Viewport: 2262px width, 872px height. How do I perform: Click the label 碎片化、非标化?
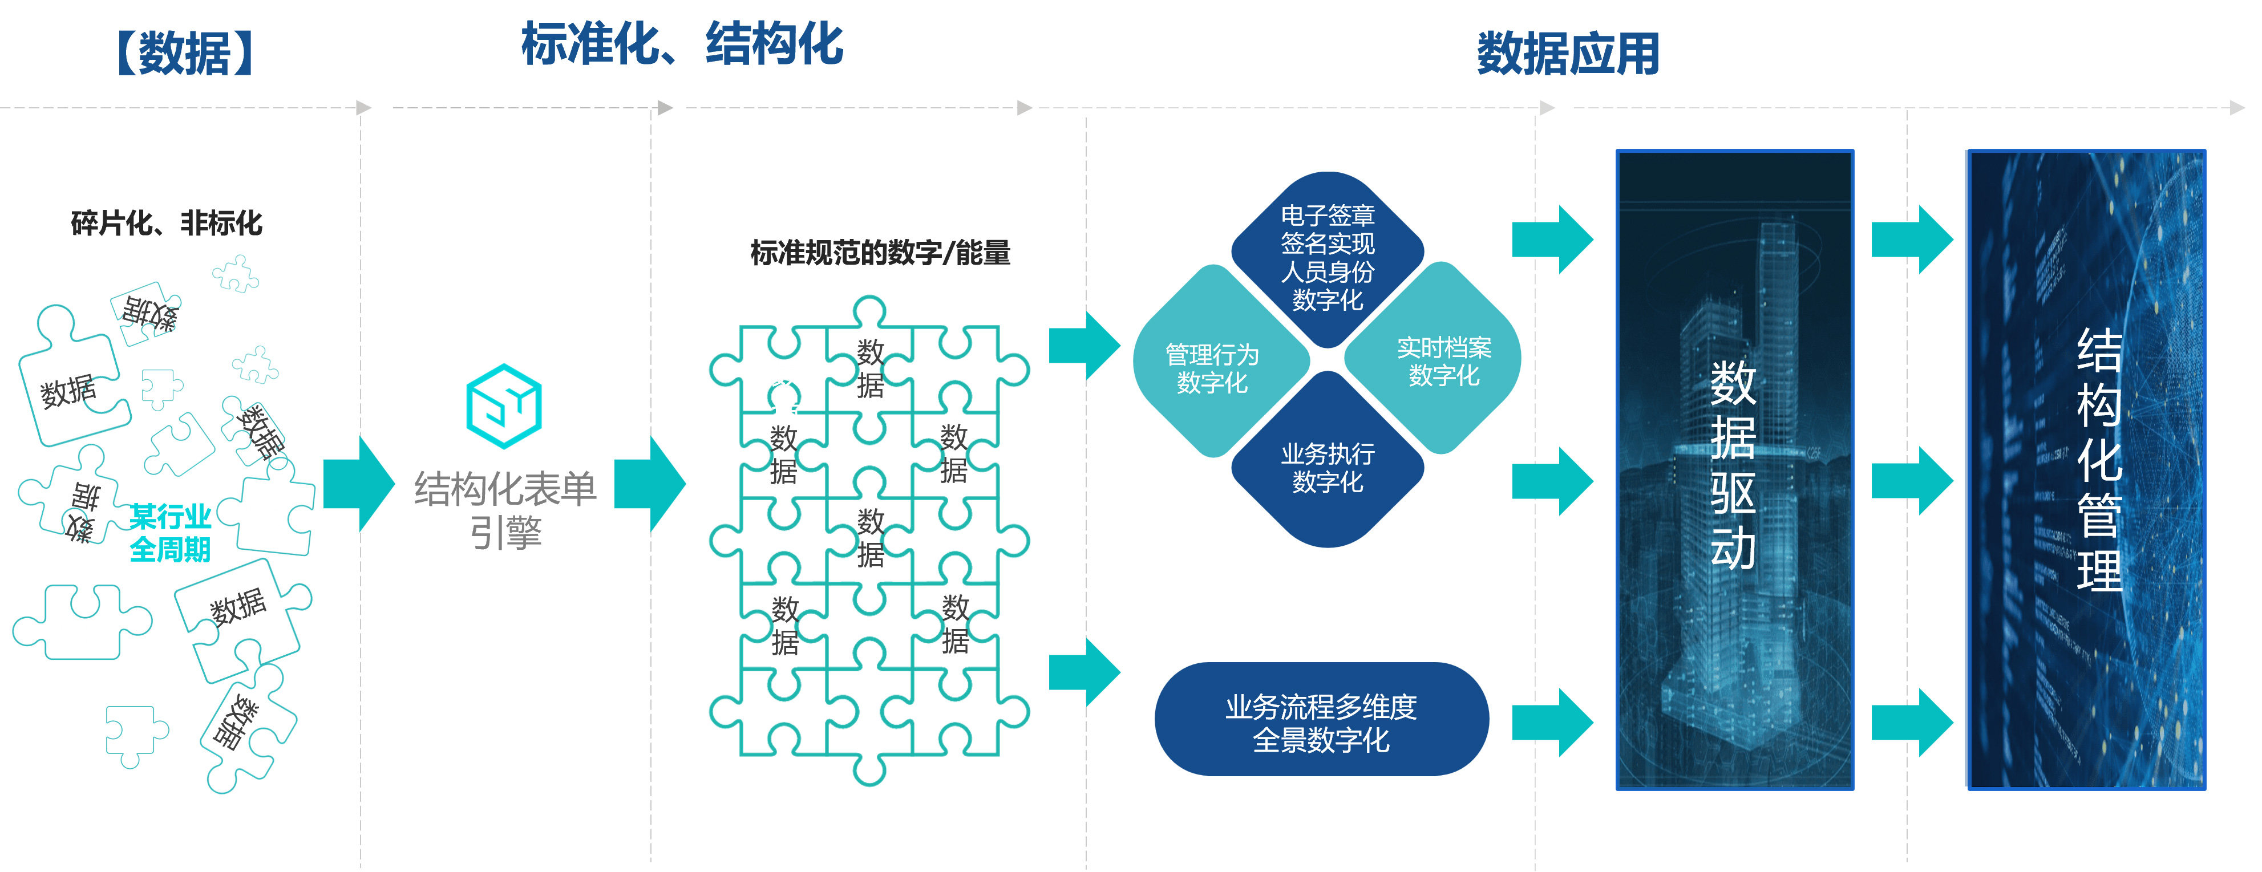point(166,223)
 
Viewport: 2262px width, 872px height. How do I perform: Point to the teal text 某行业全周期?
point(171,532)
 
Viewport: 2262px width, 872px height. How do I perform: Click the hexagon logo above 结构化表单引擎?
point(504,405)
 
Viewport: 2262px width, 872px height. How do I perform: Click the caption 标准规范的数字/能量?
point(880,253)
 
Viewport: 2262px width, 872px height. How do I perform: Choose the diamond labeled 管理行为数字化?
point(1213,368)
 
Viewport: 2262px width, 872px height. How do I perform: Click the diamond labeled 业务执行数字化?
point(1327,467)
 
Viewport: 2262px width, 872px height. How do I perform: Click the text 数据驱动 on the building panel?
point(1733,465)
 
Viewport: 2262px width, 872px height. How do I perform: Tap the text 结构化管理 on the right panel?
point(2099,460)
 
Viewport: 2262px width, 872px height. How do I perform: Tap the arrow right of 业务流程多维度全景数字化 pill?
point(1552,722)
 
